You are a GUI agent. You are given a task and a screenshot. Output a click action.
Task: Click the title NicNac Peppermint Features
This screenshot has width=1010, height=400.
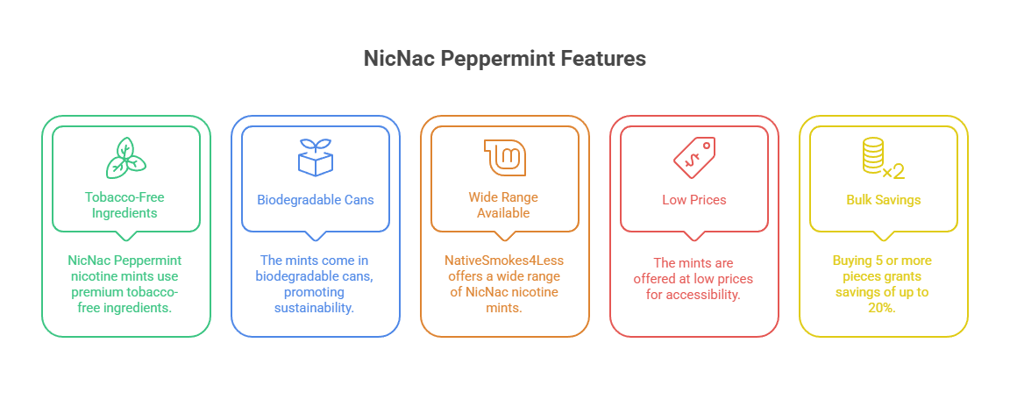[x=505, y=59]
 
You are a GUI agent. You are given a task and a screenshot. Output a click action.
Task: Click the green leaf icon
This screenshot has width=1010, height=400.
[x=126, y=157]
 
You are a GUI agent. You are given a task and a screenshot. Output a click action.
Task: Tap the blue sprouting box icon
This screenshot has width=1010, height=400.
[x=316, y=157]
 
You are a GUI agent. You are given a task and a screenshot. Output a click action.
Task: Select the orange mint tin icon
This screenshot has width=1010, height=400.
[x=505, y=157]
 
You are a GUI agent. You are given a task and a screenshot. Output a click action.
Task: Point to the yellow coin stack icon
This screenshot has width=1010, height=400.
[x=873, y=157]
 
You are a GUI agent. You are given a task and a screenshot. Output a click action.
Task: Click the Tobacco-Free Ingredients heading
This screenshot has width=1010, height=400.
[x=126, y=205]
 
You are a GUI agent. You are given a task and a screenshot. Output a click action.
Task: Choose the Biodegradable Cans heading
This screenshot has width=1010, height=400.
[x=316, y=199]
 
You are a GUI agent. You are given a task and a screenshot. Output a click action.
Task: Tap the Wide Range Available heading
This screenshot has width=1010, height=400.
[x=505, y=205]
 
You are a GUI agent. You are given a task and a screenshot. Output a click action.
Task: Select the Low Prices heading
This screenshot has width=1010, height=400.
[x=694, y=199]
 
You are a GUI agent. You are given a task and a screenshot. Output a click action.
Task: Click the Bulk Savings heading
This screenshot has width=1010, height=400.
[x=884, y=199]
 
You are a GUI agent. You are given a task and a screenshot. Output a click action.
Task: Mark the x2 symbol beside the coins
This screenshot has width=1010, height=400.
[x=893, y=169]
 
